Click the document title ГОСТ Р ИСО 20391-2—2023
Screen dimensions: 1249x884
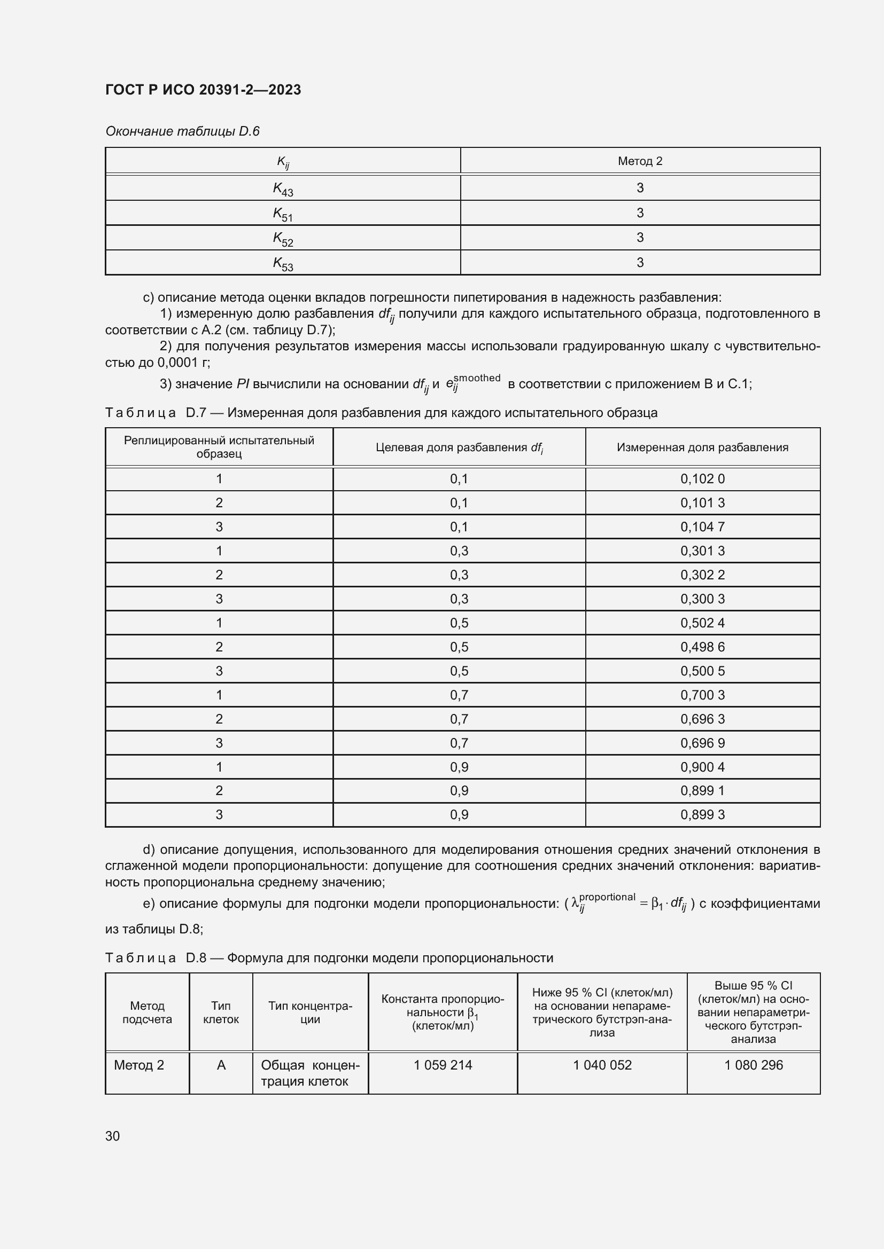[203, 90]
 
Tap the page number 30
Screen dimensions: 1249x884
[113, 1136]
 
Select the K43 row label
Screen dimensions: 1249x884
[283, 188]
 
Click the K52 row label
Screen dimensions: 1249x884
[283, 239]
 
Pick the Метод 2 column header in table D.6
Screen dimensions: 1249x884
[640, 161]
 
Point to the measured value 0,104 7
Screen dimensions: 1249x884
[702, 527]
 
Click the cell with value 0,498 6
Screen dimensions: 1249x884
[702, 647]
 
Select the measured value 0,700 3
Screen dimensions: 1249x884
[702, 695]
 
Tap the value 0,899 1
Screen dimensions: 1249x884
[702, 790]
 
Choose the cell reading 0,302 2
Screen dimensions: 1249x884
[702, 575]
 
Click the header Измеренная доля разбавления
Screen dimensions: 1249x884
[702, 447]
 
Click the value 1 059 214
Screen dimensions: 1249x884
[443, 1065]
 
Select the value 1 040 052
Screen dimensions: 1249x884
[602, 1065]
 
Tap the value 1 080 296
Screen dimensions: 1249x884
[754, 1065]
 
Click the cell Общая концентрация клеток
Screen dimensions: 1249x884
[310, 1073]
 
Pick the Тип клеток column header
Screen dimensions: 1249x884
[221, 1012]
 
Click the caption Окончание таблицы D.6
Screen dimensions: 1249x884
[182, 131]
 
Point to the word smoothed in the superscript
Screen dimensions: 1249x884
[476, 378]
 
